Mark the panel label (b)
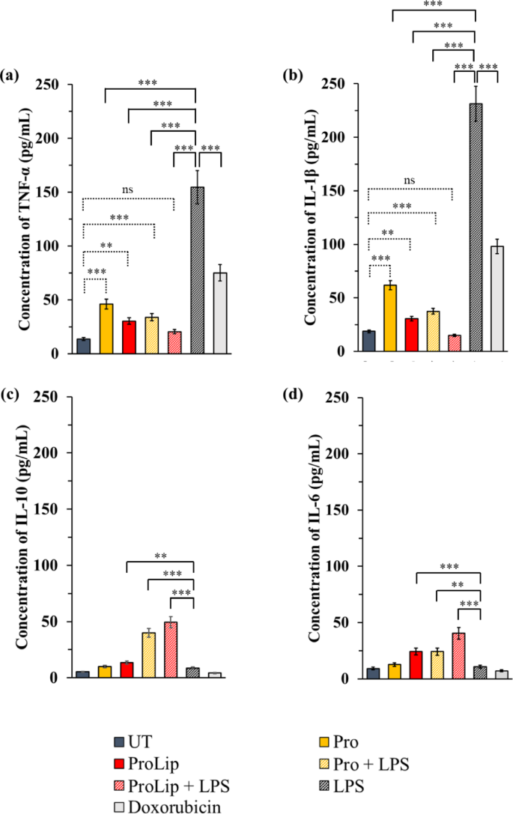(291, 74)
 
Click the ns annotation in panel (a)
(128, 191)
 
